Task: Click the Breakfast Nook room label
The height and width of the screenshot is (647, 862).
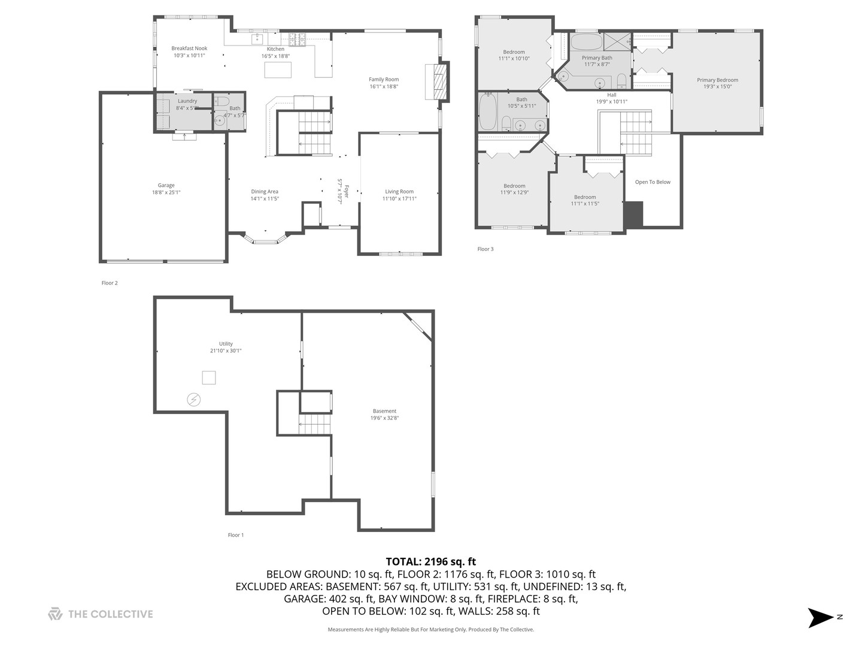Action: (189, 49)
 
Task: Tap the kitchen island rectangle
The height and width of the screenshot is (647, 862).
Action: (278, 70)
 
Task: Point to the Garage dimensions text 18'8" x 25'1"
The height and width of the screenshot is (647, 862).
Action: (166, 192)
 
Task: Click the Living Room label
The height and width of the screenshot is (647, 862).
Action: (399, 192)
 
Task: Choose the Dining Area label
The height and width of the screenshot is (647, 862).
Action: (265, 192)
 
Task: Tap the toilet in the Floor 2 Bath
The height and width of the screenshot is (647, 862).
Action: (222, 102)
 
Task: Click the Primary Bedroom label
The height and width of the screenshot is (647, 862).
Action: (718, 80)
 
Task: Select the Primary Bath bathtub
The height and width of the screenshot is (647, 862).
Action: (586, 42)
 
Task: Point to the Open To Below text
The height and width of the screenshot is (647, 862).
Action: (652, 182)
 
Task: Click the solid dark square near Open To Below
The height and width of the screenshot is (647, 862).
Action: (633, 214)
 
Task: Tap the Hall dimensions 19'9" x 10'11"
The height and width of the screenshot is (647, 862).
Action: (612, 101)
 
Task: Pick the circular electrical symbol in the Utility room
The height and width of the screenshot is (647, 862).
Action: (193, 400)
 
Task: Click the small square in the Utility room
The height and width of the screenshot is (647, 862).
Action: (209, 377)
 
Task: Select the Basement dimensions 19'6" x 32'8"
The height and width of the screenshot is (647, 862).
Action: (384, 418)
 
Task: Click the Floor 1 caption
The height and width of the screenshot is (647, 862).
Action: (236, 535)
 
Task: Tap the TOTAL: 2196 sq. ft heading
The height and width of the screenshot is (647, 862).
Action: (431, 562)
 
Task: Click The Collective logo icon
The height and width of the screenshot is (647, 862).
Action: (56, 614)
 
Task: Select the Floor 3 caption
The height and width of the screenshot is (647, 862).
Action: (485, 249)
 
